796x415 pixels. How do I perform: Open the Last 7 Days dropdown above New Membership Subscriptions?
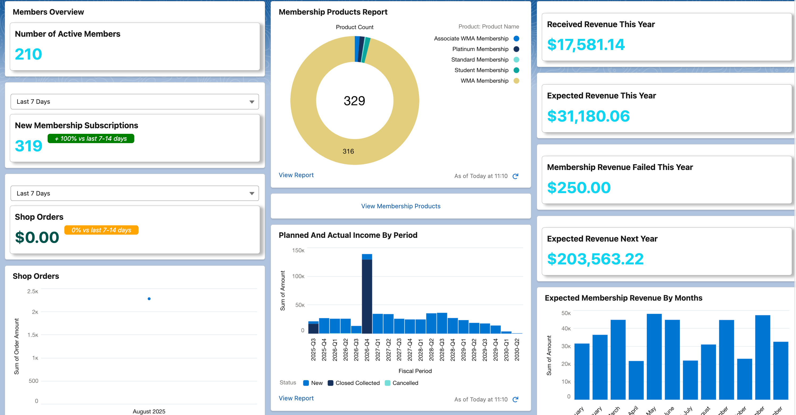[135, 102]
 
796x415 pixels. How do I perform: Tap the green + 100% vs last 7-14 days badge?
[91, 139]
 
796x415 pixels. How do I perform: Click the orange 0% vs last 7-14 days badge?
[101, 230]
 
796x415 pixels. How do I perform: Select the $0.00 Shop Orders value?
[37, 237]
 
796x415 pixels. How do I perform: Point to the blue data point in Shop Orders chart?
[149, 299]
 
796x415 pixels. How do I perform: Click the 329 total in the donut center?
[354, 101]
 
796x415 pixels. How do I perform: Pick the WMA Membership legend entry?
[484, 81]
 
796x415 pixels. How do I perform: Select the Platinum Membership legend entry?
[480, 49]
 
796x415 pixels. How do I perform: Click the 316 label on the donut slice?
[348, 151]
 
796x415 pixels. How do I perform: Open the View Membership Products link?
[400, 206]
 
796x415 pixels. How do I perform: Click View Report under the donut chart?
[296, 175]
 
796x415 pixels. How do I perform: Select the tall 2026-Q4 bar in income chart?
[367, 297]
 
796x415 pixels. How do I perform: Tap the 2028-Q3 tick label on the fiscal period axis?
[442, 350]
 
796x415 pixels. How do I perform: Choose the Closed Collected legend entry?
[357, 383]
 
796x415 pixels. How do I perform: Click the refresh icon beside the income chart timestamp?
[515, 400]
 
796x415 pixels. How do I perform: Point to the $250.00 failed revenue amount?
[579, 188]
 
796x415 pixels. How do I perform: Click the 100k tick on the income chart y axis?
[298, 276]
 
